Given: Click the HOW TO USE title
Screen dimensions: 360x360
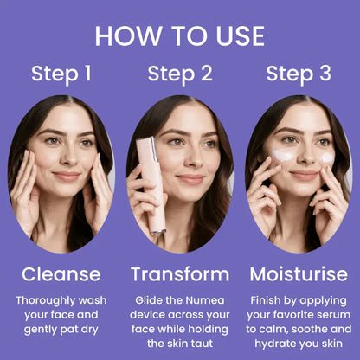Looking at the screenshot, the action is coord(180,36).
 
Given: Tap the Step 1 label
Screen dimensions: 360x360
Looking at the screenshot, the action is coord(61,74).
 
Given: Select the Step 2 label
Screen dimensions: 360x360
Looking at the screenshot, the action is coord(180,74).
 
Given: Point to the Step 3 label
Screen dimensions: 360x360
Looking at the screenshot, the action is coord(299,74).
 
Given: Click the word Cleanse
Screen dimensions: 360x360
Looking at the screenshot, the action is coord(61,274).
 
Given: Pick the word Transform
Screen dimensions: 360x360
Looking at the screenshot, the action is coord(180,274).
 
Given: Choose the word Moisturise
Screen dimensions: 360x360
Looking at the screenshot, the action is coord(299,274).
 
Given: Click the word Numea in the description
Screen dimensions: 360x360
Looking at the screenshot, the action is coord(205,300).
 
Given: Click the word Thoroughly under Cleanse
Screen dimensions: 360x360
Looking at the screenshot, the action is coord(46,301).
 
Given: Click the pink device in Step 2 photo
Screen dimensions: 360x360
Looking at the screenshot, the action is coord(151,184).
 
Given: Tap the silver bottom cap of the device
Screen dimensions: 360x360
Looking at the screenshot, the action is coord(158,231).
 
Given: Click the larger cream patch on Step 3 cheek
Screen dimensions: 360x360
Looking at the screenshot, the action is coord(282,155).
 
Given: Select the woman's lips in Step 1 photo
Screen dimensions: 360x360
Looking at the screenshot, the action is coord(67,176).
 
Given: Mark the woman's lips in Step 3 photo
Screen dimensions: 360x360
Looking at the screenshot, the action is coord(304,175).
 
